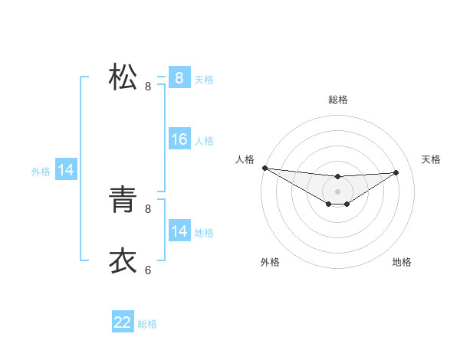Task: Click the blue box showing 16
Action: (x=179, y=139)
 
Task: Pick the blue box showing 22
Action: (x=123, y=322)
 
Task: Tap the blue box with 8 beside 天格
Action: (x=179, y=77)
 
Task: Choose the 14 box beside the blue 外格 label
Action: (x=66, y=170)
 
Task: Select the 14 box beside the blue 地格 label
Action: (x=179, y=231)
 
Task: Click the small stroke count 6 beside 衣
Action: (x=148, y=270)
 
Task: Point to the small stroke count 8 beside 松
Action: (x=148, y=87)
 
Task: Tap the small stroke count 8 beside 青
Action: (x=148, y=208)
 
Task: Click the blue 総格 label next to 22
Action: (x=147, y=324)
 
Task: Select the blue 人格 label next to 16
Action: (x=204, y=141)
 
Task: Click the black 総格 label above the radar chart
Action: (x=338, y=100)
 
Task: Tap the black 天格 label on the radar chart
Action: (x=432, y=159)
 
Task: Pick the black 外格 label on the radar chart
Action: (x=270, y=262)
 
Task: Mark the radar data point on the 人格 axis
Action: (x=264, y=168)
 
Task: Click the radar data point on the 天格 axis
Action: (x=396, y=172)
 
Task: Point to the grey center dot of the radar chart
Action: (x=338, y=191)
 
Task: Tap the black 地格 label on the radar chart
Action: (x=402, y=262)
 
